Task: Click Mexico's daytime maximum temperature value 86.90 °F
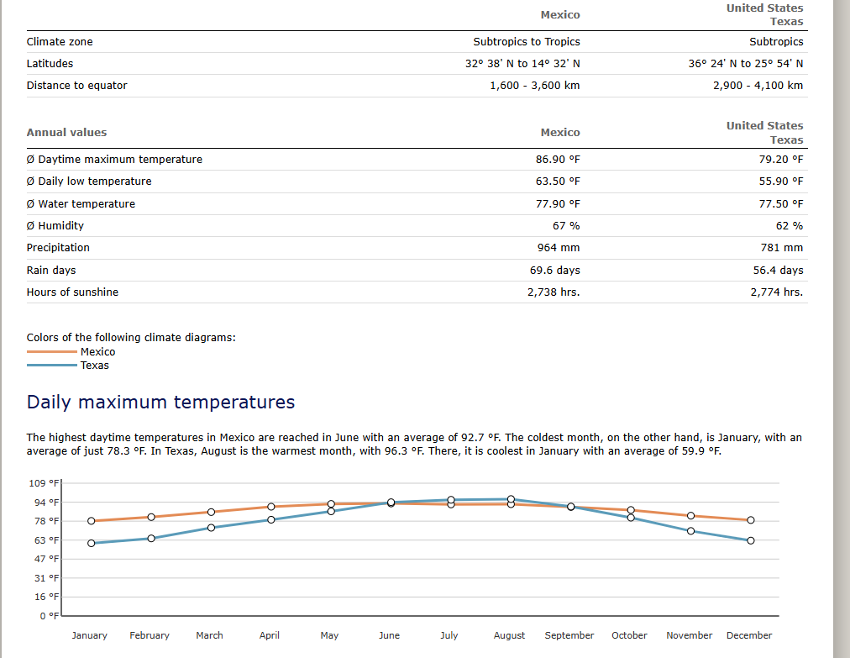pyautogui.click(x=558, y=160)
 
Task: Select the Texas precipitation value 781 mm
pyautogui.click(x=782, y=248)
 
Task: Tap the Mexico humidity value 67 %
pyautogui.click(x=566, y=226)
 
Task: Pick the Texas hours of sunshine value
pyautogui.click(x=777, y=292)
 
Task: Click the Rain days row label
pyautogui.click(x=51, y=270)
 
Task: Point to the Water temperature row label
pyautogui.click(x=81, y=204)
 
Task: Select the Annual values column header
pyautogui.click(x=66, y=133)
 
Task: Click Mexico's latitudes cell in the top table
pyautogui.click(x=522, y=64)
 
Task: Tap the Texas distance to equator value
pyautogui.click(x=758, y=85)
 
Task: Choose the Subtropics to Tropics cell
pyautogui.click(x=527, y=42)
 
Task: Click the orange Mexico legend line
pyautogui.click(x=52, y=351)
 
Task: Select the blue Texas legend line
pyautogui.click(x=52, y=365)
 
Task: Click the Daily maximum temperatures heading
pyautogui.click(x=160, y=402)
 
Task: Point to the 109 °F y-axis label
pyautogui.click(x=44, y=483)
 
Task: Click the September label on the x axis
pyautogui.click(x=569, y=635)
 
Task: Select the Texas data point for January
pyautogui.click(x=91, y=543)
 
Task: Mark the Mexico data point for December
pyautogui.click(x=751, y=520)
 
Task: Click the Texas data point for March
pyautogui.click(x=212, y=528)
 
